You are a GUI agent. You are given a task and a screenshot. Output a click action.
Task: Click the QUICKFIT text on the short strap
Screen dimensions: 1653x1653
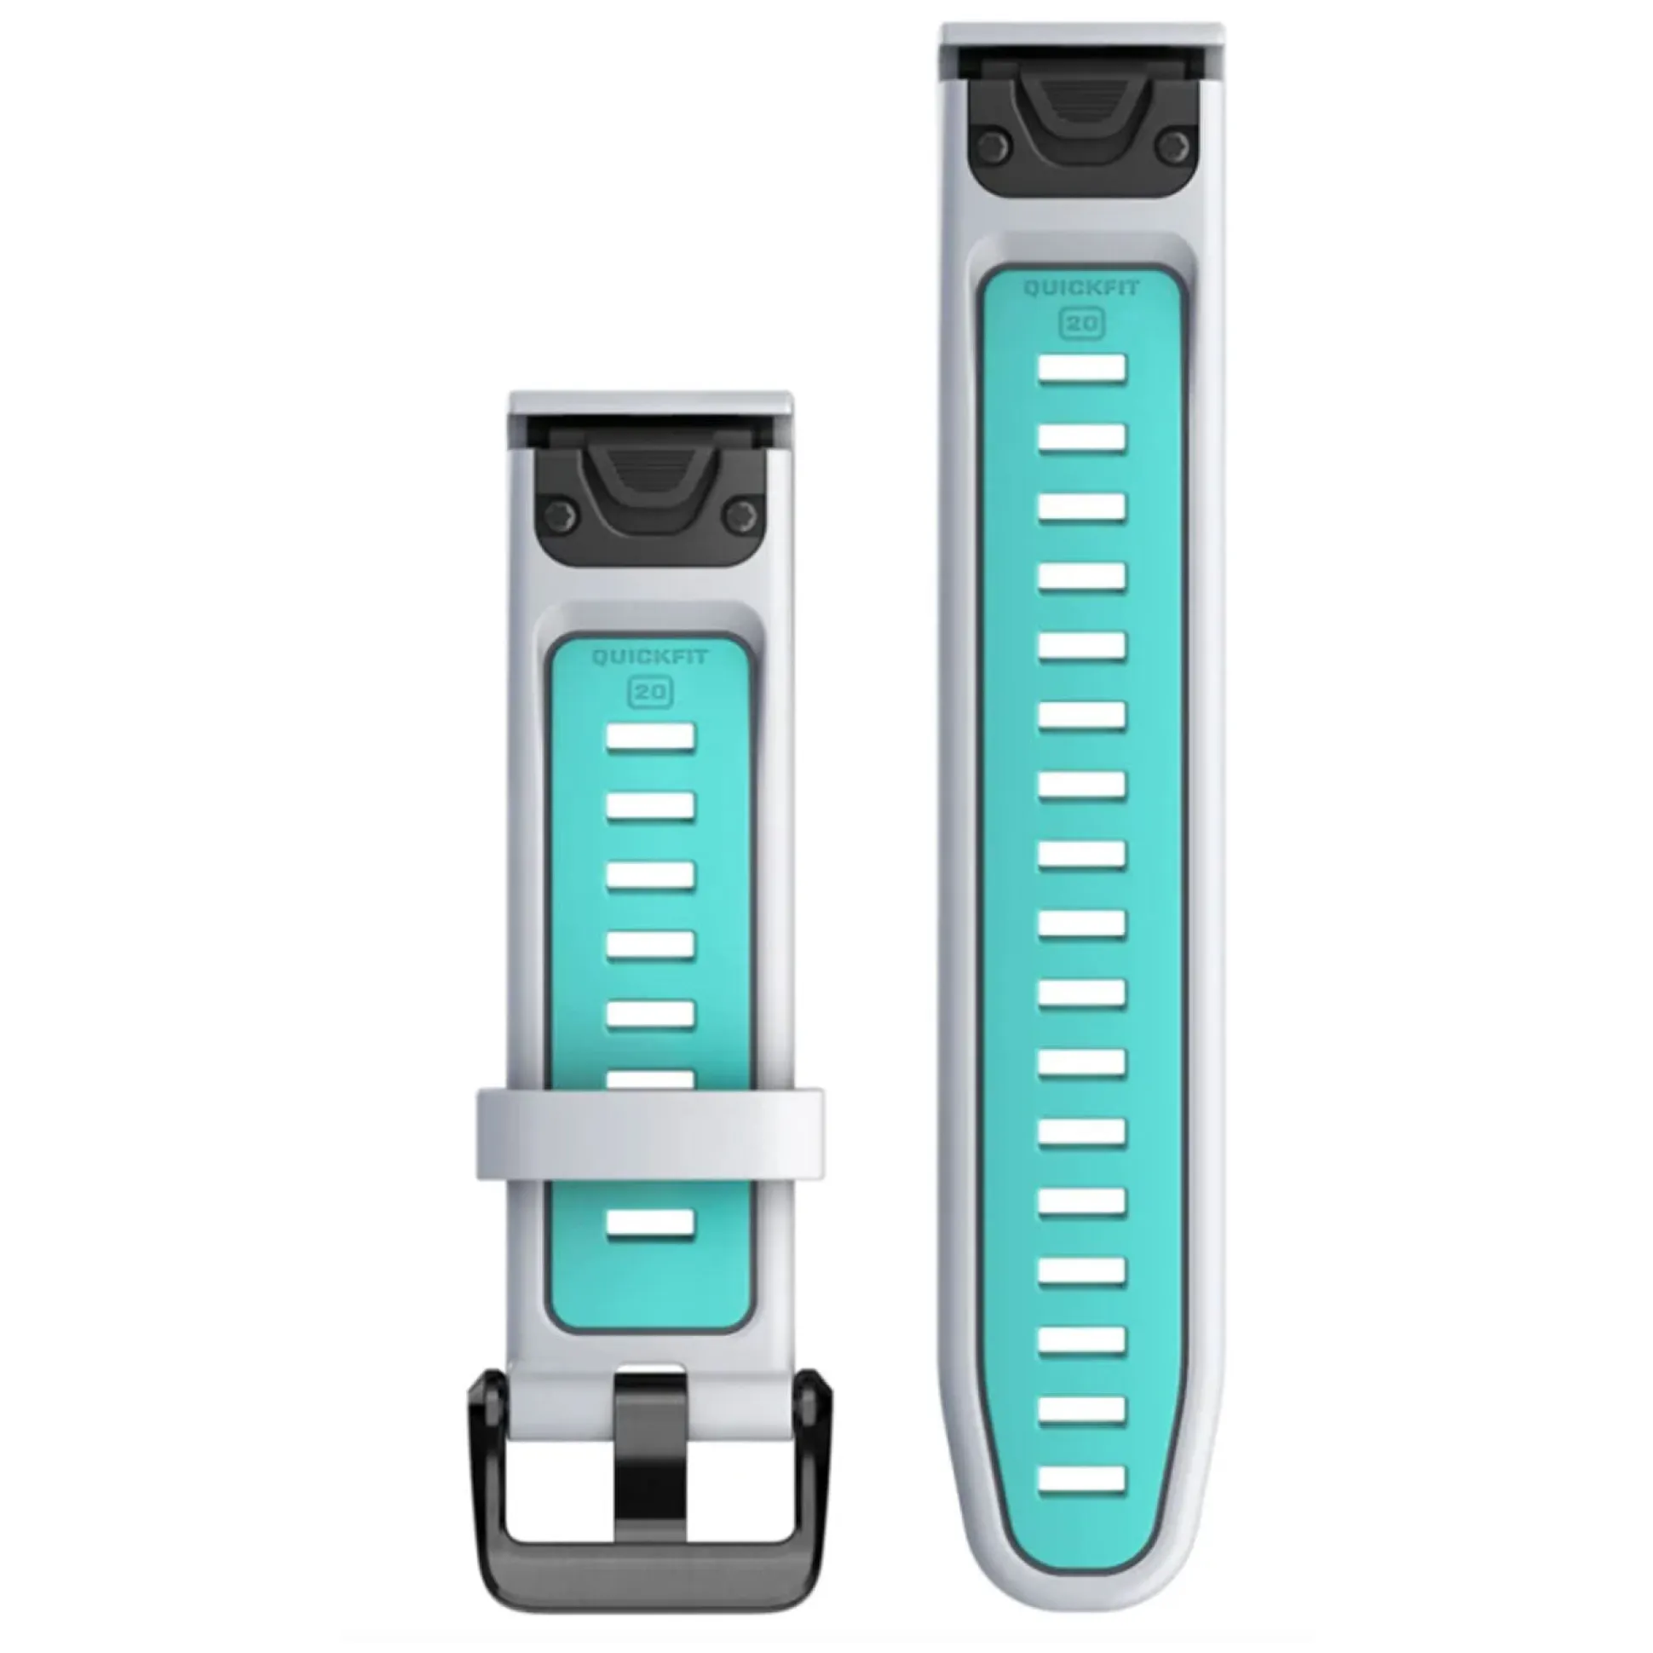[x=649, y=658]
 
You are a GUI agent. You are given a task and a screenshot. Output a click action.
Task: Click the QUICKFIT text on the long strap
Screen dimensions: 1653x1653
[x=1082, y=288]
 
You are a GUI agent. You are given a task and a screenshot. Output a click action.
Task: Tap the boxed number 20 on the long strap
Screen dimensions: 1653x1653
[x=1083, y=324]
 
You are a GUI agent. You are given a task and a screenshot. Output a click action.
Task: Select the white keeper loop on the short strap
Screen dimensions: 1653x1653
[x=649, y=1134]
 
